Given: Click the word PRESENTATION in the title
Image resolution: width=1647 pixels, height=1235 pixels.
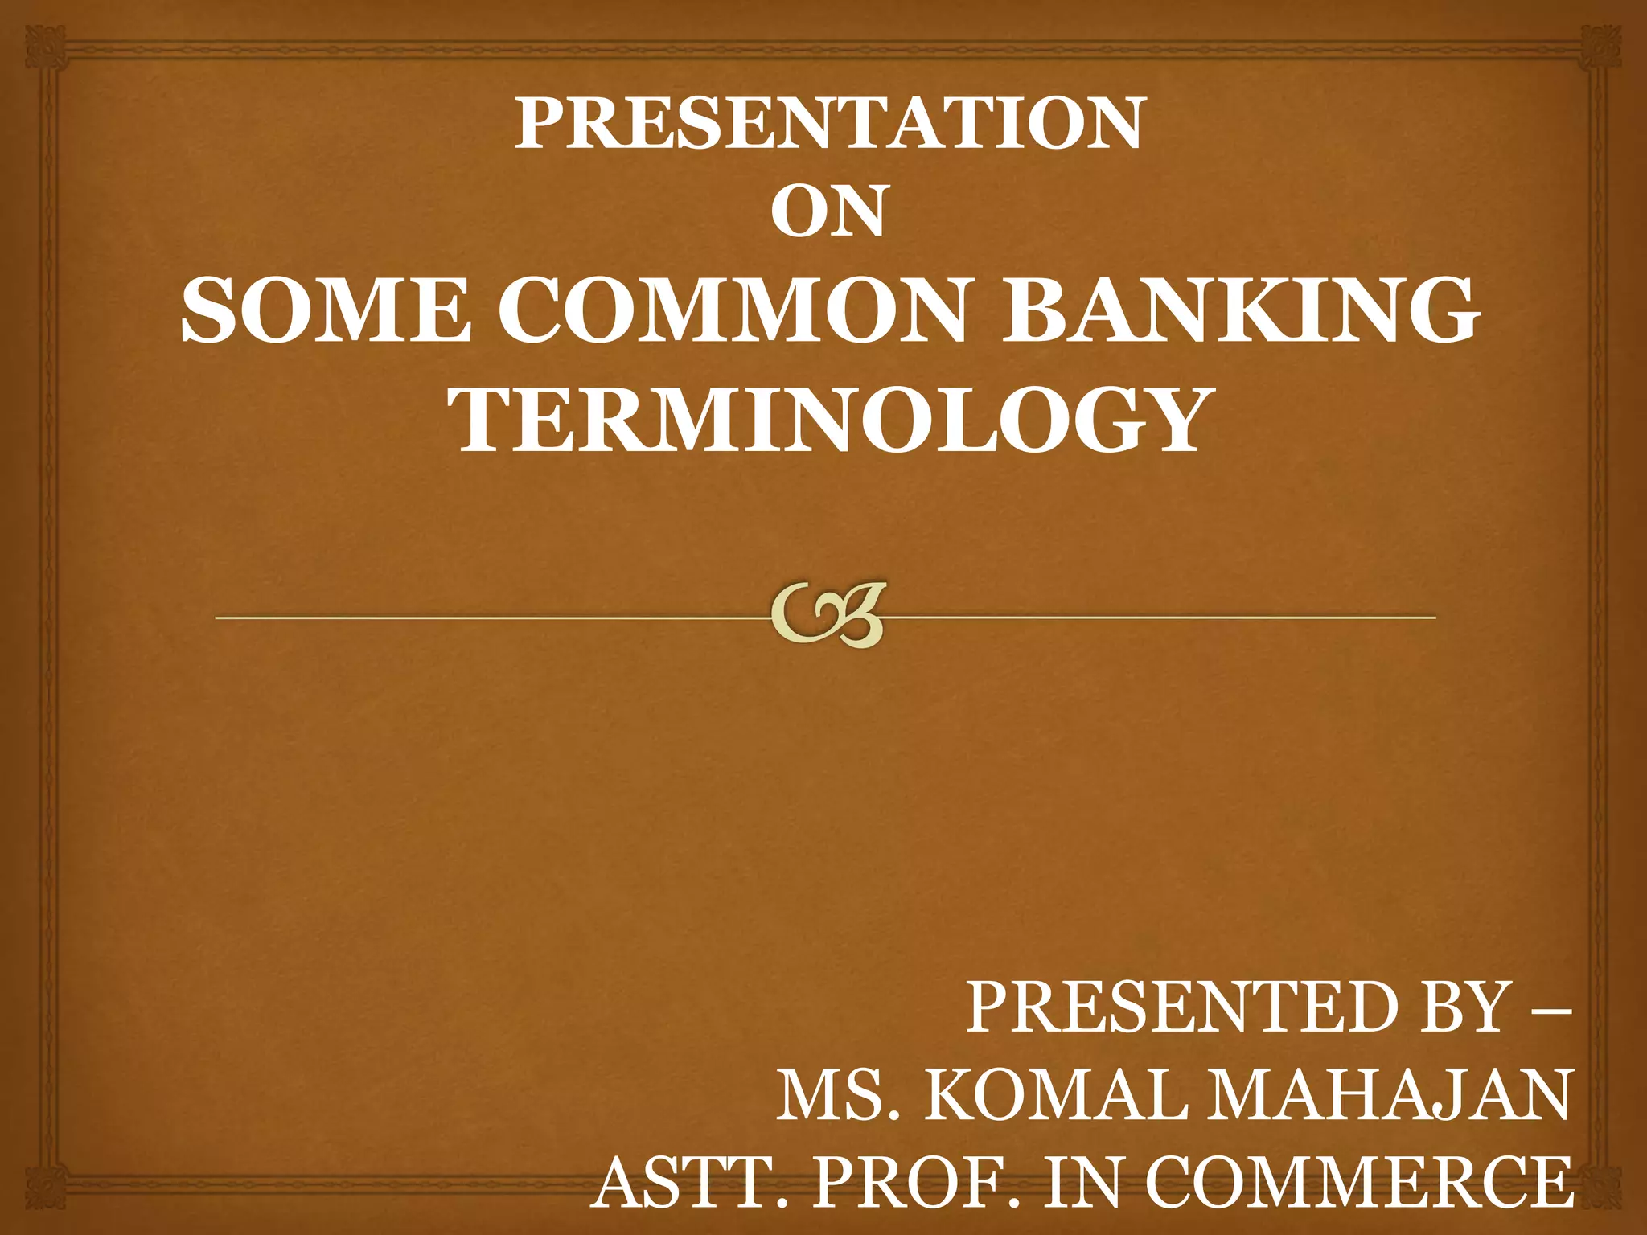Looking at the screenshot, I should (x=828, y=124).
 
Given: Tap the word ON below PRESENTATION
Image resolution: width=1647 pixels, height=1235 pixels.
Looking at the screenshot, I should (x=828, y=211).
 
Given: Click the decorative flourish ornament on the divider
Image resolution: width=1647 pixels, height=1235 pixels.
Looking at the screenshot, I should (x=828, y=615).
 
